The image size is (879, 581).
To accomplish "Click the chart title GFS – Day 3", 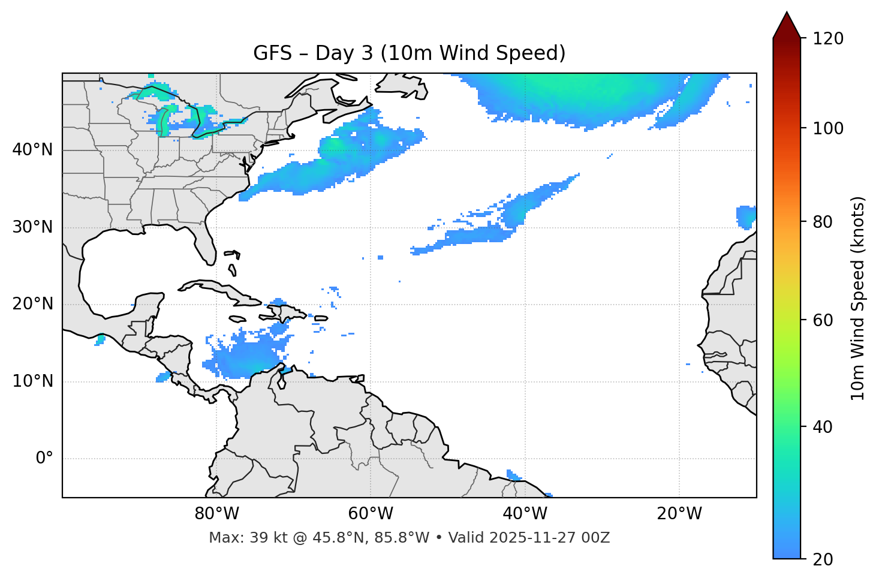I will point(409,53).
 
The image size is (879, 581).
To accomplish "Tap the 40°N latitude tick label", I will point(32,150).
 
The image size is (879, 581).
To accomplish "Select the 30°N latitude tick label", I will point(32,227).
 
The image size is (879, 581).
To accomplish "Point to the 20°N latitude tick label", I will point(32,305).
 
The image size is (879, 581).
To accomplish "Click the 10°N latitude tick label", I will point(32,381).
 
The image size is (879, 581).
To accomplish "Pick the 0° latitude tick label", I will point(44,459).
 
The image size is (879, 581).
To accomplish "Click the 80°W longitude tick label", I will point(216,514).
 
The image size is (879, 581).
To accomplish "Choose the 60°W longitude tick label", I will point(371,514).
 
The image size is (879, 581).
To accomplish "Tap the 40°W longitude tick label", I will point(525,514).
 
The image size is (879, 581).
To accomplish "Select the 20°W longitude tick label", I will point(679,514).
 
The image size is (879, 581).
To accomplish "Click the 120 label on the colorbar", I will point(828,39).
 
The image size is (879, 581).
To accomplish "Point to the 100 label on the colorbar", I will point(828,128).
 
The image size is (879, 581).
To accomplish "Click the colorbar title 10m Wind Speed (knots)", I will point(858,299).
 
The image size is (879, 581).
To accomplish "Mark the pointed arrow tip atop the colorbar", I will point(787,14).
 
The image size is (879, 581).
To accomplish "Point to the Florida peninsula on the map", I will point(204,246).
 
